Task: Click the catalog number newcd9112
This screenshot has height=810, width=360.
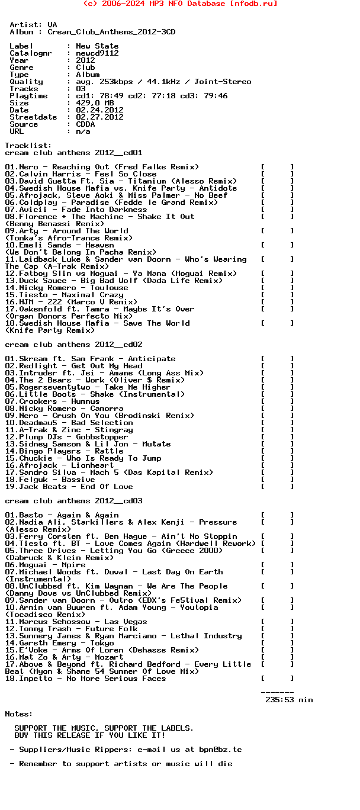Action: click(x=97, y=53)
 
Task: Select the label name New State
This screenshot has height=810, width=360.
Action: click(x=97, y=46)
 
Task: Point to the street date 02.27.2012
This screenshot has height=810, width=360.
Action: click(x=99, y=117)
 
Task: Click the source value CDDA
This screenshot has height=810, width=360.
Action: click(x=85, y=124)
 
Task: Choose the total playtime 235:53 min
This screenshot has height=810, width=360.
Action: click(x=289, y=700)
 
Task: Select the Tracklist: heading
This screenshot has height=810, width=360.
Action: click(x=28, y=146)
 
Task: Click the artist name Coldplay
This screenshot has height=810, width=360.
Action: click(x=38, y=202)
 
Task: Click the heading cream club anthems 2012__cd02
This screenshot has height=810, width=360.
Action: click(x=73, y=345)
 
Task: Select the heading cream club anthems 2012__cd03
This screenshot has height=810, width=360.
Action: click(x=73, y=501)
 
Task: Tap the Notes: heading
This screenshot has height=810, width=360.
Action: click(x=19, y=714)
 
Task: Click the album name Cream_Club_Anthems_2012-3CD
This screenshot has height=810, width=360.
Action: click(x=111, y=32)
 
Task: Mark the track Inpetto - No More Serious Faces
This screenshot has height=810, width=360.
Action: click(x=85, y=679)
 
